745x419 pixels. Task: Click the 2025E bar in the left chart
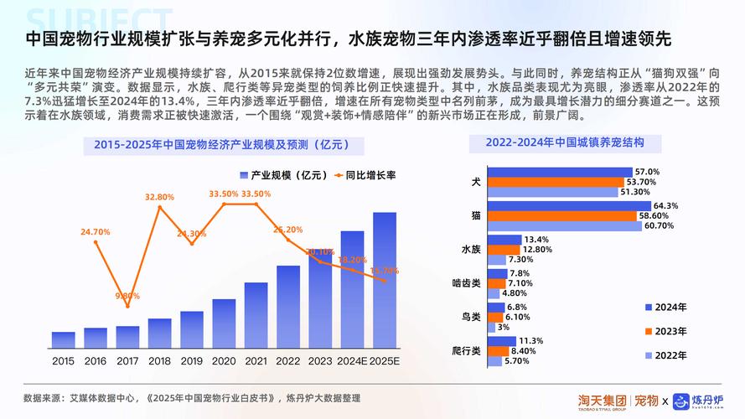(385, 280)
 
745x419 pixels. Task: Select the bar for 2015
(63, 339)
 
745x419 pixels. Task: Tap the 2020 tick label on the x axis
(224, 361)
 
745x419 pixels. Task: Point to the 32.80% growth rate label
(159, 197)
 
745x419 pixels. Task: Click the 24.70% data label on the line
(96, 231)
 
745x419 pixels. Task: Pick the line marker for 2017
(127, 305)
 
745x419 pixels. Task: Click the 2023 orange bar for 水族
(504, 249)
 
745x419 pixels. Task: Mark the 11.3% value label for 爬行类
(531, 341)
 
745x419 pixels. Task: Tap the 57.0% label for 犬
(647, 172)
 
